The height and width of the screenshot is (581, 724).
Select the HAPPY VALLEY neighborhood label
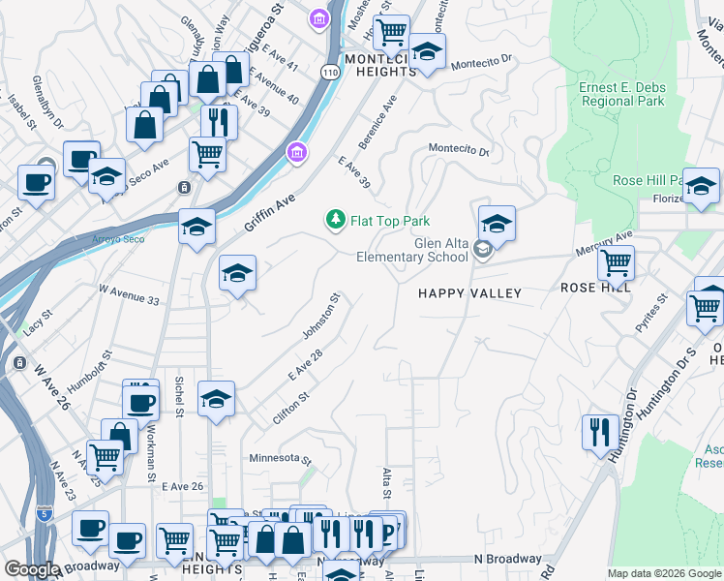(469, 293)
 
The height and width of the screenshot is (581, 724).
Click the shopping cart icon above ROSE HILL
(616, 261)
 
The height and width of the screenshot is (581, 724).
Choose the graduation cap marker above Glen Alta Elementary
(496, 224)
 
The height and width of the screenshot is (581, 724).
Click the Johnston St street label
(322, 318)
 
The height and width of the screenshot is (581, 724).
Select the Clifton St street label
(290, 398)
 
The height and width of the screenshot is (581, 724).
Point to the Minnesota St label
(280, 459)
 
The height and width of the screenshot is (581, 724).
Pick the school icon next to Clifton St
(217, 399)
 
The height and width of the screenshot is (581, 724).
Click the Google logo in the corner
(32, 569)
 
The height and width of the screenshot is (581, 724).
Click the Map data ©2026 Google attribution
(663, 573)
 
